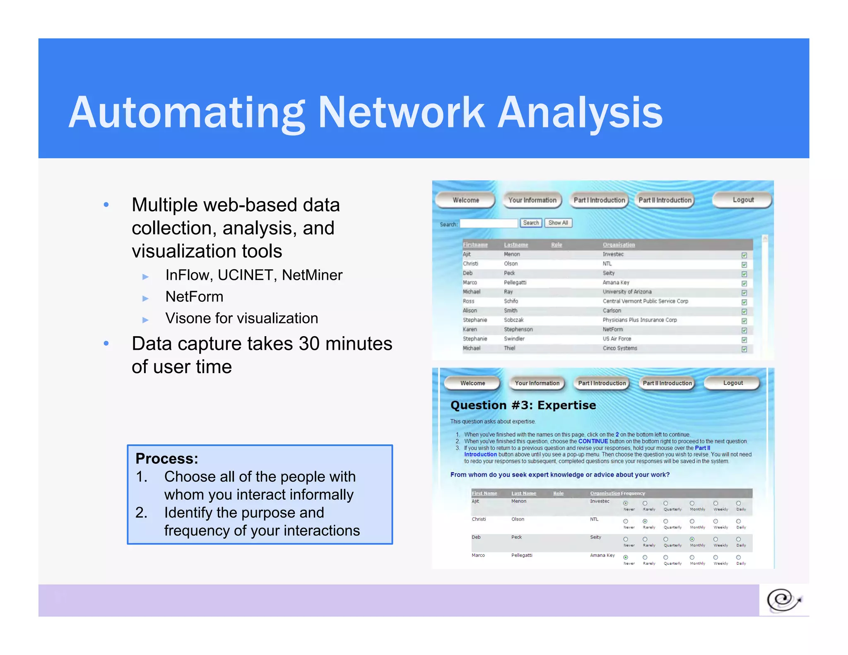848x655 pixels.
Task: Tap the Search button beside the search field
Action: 531,223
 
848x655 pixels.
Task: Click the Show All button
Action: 558,223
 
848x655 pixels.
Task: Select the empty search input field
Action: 489,224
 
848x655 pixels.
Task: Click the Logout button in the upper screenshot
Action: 743,200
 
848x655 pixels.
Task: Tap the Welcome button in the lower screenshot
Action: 472,383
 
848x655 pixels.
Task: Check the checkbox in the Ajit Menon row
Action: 744,255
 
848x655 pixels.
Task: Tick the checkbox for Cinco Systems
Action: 744,349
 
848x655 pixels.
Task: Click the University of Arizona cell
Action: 627,292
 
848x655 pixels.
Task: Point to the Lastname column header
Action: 516,245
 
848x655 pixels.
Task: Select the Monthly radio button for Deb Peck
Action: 692,539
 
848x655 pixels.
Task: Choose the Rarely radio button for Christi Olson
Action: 645,521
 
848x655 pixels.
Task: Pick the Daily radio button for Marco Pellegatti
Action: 738,557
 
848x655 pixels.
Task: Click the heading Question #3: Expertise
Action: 523,405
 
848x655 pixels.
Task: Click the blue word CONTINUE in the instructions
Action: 593,441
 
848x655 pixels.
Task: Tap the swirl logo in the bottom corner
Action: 783,600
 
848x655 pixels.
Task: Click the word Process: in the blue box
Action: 167,458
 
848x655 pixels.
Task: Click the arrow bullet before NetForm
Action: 145,298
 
